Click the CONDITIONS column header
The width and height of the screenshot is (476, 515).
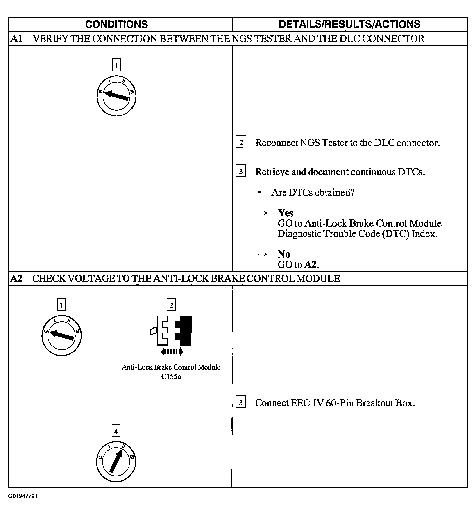point(116,24)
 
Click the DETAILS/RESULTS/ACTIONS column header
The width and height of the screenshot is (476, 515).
point(349,24)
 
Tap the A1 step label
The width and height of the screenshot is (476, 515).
point(16,39)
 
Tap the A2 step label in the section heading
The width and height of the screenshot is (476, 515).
point(16,279)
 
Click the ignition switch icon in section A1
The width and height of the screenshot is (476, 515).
point(116,96)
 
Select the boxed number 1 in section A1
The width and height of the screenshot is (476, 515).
point(116,65)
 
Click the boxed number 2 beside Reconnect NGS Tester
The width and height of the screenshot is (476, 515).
point(241,142)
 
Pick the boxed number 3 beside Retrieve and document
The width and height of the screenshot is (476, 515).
point(241,171)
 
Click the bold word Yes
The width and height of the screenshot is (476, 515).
point(285,213)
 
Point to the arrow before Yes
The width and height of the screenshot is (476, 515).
point(263,213)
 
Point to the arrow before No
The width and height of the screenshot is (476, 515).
point(263,254)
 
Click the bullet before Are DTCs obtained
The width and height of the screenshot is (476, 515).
point(260,192)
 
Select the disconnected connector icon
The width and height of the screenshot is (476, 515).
point(171,330)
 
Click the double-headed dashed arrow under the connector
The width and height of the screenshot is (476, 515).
point(172,351)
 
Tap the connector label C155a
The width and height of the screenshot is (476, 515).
point(171,377)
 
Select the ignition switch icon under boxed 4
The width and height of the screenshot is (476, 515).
point(116,462)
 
